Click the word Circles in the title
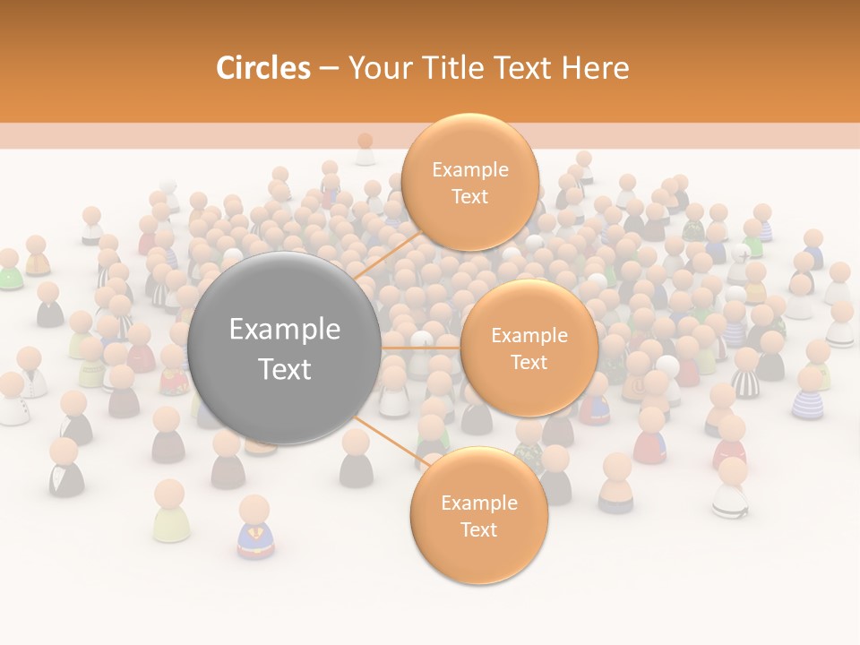point(262,68)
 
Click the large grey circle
point(285,348)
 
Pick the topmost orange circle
point(469,182)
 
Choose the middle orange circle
point(529,348)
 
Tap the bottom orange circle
point(478,515)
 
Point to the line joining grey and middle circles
point(421,348)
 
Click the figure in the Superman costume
point(255,529)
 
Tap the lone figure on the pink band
point(365,149)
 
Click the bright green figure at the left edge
point(9,271)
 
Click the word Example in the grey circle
point(285,330)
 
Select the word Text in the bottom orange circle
point(478,529)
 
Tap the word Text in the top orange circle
point(469,196)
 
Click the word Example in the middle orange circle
point(529,336)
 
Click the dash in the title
point(329,69)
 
